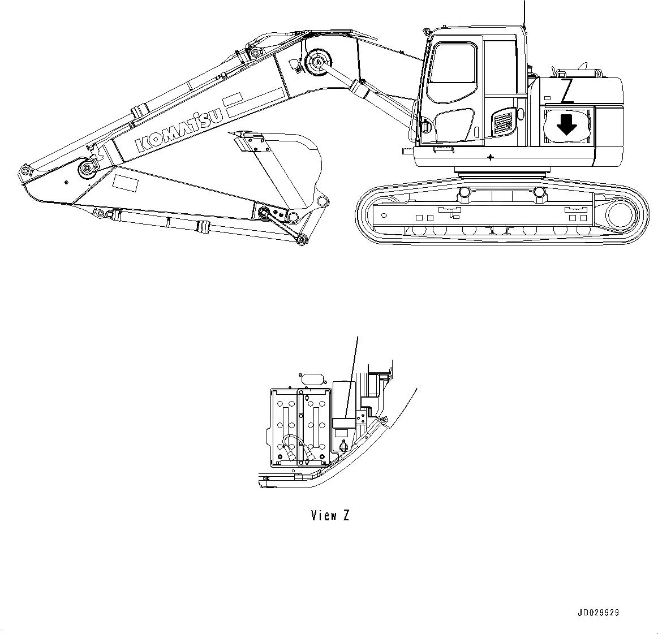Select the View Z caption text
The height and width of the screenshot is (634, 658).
330,515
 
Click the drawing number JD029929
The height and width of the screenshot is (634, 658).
599,613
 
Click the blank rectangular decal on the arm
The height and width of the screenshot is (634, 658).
126,183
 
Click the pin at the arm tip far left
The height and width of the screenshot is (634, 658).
24,170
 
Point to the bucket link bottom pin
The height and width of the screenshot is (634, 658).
302,239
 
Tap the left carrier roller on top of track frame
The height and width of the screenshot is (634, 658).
465,193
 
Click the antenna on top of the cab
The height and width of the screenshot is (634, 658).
524,11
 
